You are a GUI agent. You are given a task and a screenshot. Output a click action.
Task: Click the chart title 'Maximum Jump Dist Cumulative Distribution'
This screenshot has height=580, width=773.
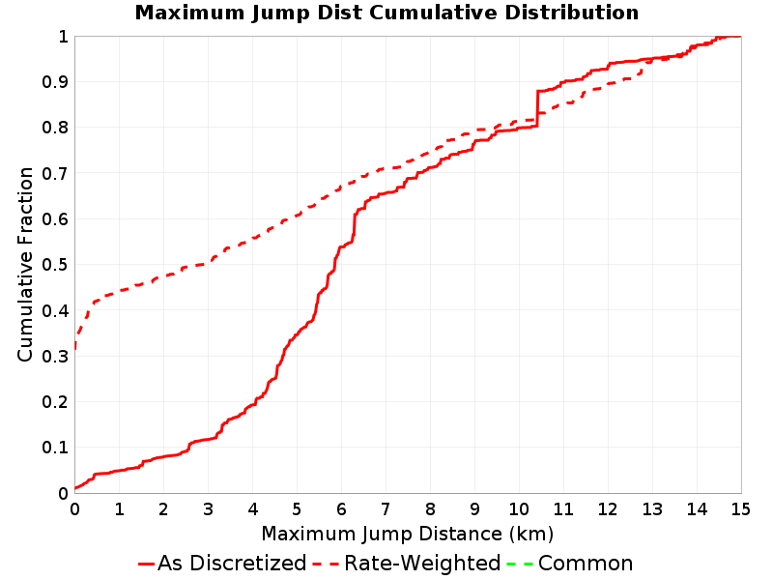[387, 13]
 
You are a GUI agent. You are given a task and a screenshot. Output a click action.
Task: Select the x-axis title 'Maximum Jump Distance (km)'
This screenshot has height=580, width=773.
[408, 534]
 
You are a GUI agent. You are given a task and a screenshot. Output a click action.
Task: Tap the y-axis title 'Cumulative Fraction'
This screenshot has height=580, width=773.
[25, 264]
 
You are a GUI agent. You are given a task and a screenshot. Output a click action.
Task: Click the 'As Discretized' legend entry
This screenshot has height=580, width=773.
[222, 563]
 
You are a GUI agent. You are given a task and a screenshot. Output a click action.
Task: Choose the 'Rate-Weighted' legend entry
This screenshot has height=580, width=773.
[407, 563]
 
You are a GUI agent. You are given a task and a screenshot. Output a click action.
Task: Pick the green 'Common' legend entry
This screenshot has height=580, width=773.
[570, 563]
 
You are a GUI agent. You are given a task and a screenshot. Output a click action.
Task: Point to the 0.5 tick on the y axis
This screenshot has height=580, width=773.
[55, 265]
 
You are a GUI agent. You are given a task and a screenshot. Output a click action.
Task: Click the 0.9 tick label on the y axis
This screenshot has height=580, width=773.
[55, 82]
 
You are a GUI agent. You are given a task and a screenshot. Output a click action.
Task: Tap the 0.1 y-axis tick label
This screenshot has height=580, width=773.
[55, 448]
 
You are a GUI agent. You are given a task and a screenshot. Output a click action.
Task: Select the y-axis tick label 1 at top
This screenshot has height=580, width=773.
[63, 37]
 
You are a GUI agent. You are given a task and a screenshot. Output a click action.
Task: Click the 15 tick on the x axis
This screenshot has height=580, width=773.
[741, 509]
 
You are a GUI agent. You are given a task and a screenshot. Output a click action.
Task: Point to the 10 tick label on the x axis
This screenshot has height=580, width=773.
[519, 509]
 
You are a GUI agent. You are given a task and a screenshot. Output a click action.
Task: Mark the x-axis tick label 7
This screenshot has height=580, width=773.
[386, 509]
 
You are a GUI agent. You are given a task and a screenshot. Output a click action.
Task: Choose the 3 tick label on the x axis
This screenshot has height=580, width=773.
[208, 509]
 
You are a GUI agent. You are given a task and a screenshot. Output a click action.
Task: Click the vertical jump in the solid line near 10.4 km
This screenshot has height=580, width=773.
[537, 108]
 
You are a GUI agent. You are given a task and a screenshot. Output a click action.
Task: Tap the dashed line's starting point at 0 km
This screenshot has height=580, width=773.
[75, 348]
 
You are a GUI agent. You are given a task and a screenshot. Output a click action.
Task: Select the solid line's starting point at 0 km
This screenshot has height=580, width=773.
[75, 488]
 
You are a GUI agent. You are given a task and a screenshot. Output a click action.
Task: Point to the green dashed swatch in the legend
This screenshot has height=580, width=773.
[520, 564]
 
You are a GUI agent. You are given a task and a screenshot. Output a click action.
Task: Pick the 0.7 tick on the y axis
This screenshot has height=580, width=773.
[55, 174]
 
